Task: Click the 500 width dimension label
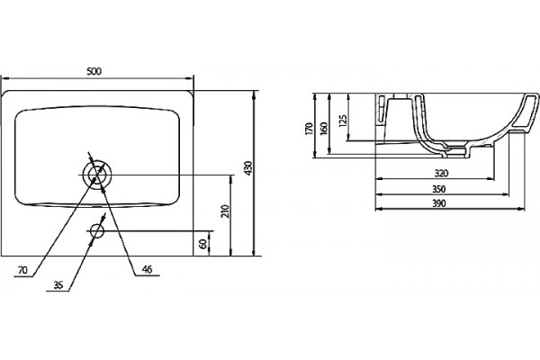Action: click(94, 71)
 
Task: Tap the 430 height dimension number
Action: click(248, 168)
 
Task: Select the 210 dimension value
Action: click(225, 211)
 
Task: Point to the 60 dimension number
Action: click(203, 244)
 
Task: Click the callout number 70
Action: click(22, 270)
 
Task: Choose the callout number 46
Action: click(147, 269)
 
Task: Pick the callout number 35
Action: click(58, 285)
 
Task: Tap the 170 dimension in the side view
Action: click(309, 129)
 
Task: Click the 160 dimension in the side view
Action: click(324, 129)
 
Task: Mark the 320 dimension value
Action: click(441, 173)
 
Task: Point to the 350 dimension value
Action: click(439, 189)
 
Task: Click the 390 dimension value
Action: click(439, 203)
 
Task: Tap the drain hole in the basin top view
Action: click(97, 175)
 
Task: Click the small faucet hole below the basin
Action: click(97, 230)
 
